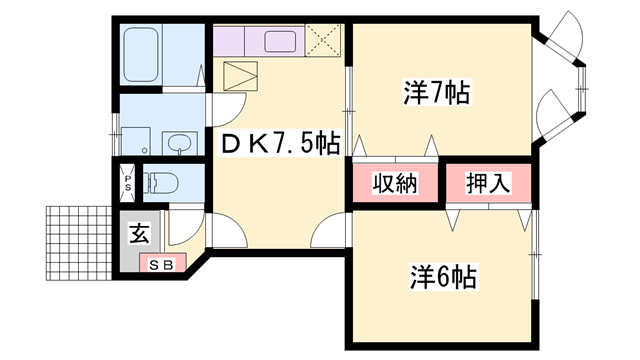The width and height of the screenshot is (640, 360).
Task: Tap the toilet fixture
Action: [162, 183]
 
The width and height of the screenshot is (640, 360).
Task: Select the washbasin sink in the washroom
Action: [178, 144]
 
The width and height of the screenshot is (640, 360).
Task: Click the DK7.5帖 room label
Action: [279, 145]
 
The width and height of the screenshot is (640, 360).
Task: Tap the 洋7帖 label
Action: [436, 93]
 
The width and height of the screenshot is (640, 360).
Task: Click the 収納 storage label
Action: [394, 184]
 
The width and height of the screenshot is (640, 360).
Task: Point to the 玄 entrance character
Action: [138, 236]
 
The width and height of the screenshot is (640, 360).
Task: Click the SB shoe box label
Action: [161, 264]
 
